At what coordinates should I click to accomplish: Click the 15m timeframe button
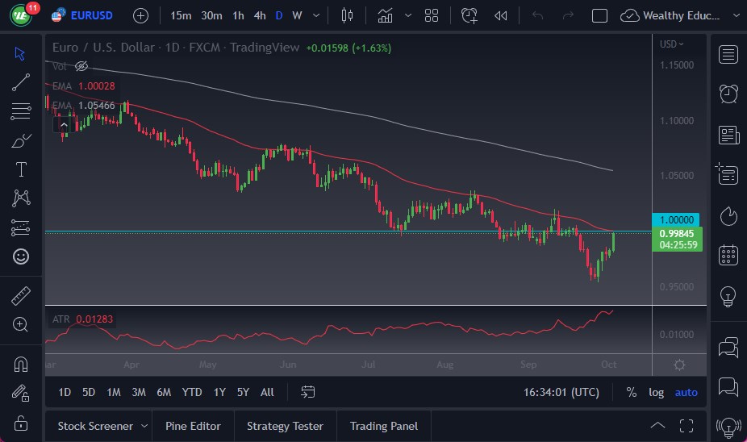[x=182, y=15]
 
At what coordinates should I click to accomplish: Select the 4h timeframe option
[x=259, y=15]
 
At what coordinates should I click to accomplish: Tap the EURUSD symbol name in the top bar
[x=91, y=15]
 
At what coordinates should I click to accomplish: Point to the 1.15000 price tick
[x=677, y=65]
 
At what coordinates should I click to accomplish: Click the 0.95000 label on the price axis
[x=677, y=287]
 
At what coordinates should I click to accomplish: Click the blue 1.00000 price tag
[x=677, y=219]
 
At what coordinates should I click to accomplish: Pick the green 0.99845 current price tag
[x=677, y=234]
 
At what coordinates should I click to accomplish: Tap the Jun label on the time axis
[x=287, y=365]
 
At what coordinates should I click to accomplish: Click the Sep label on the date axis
[x=528, y=365]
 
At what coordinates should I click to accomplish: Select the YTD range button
[x=192, y=392]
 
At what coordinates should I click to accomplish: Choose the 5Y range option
[x=243, y=392]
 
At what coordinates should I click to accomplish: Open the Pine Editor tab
[x=194, y=426]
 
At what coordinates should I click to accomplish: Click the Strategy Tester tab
[x=285, y=426]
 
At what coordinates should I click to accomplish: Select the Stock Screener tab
[x=94, y=426]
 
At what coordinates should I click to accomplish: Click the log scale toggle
[x=657, y=392]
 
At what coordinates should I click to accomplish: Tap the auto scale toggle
[x=686, y=392]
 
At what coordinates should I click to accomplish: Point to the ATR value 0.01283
[x=94, y=319]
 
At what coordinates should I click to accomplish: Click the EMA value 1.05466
[x=97, y=106]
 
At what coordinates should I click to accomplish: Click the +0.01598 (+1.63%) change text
[x=348, y=48]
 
